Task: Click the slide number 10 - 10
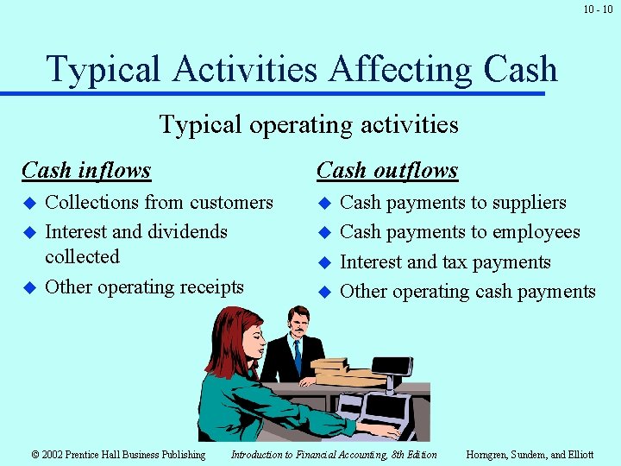[x=597, y=9]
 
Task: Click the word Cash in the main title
[x=521, y=69]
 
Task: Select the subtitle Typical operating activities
[x=309, y=125]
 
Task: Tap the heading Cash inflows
[x=86, y=171]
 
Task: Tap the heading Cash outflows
[x=387, y=171]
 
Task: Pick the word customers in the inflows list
[x=231, y=203]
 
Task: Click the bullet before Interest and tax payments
[x=324, y=263]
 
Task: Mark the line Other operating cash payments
[x=467, y=292]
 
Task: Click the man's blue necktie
[x=298, y=355]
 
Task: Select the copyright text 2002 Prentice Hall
[x=118, y=455]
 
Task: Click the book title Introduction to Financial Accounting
[x=334, y=455]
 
